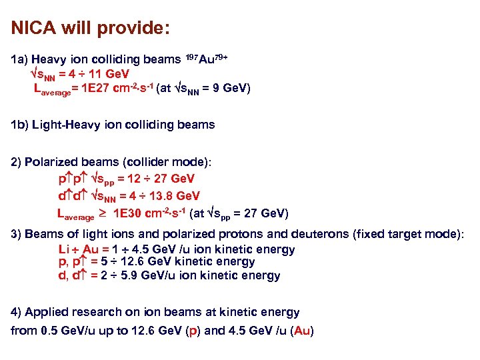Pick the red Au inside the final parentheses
point(302,331)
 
